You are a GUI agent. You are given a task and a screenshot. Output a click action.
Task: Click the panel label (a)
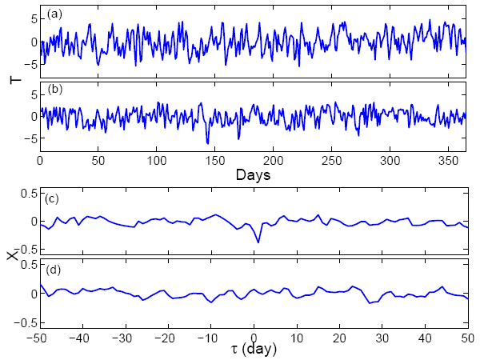[x=54, y=14]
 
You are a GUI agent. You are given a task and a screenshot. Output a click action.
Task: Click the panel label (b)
[x=54, y=87]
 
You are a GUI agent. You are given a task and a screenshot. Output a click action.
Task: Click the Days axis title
[x=253, y=174]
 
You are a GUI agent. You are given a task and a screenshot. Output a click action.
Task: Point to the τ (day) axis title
[x=254, y=350]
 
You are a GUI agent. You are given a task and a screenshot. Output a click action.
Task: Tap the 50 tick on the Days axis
[x=98, y=160]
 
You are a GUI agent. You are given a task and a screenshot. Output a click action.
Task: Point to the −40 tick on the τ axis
[x=79, y=337]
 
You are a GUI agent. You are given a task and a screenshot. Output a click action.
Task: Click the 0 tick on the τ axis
[x=254, y=337]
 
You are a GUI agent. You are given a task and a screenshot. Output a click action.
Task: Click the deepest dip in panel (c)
[x=258, y=242]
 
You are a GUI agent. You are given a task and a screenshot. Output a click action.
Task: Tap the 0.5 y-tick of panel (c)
[x=26, y=193]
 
